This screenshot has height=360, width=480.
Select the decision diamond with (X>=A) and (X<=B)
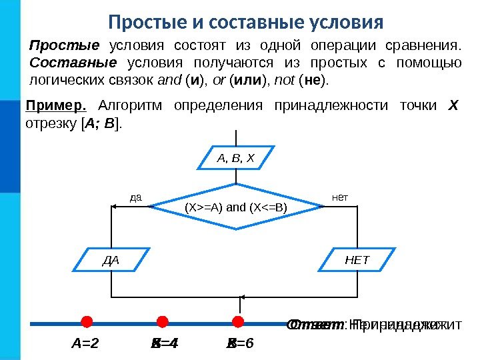point(236,207)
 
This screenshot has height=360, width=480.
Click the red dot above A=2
point(86,323)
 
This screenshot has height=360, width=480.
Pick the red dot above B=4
point(161,323)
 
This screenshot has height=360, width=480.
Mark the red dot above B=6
point(237,323)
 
